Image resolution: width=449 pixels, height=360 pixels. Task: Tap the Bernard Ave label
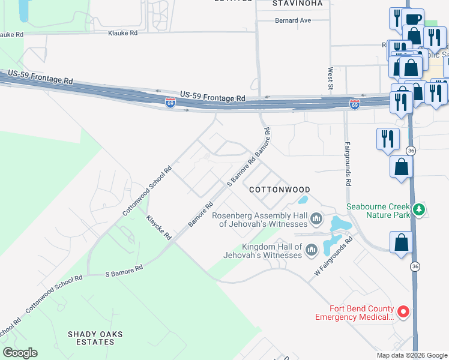coord(293,20)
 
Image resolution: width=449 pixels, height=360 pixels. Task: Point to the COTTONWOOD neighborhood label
coord(279,190)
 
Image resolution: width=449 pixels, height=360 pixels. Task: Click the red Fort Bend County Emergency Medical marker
coord(404,312)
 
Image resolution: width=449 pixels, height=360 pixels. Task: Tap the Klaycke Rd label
coord(159,227)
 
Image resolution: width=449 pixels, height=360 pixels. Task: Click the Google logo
coord(20,353)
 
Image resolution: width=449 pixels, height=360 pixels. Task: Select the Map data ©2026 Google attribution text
coord(412,355)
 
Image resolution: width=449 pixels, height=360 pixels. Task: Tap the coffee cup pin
coord(414,19)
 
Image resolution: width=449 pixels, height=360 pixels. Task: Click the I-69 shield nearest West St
coord(354,104)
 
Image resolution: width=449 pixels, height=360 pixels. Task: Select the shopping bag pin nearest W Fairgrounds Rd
coord(400,242)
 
